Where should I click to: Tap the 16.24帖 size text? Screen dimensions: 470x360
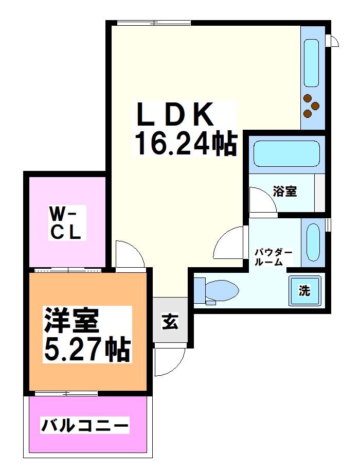(185, 144)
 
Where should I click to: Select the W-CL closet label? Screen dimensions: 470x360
(65, 222)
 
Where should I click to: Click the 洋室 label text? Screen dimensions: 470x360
(70, 322)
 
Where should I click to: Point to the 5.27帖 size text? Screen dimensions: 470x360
(86, 350)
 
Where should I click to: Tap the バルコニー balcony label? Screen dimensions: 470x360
(85, 426)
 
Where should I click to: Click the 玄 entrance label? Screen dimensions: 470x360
(170, 322)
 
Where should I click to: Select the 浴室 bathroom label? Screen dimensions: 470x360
(284, 192)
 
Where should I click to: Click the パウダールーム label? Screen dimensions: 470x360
(274, 256)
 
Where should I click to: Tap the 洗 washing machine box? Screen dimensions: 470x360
(304, 290)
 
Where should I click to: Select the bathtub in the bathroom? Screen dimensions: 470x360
(286, 154)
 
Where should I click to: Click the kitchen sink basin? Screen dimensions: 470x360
(312, 62)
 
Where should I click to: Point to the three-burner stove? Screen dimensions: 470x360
(311, 107)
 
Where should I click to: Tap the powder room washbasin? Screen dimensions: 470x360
(312, 241)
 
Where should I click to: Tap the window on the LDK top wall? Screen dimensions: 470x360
(153, 23)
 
